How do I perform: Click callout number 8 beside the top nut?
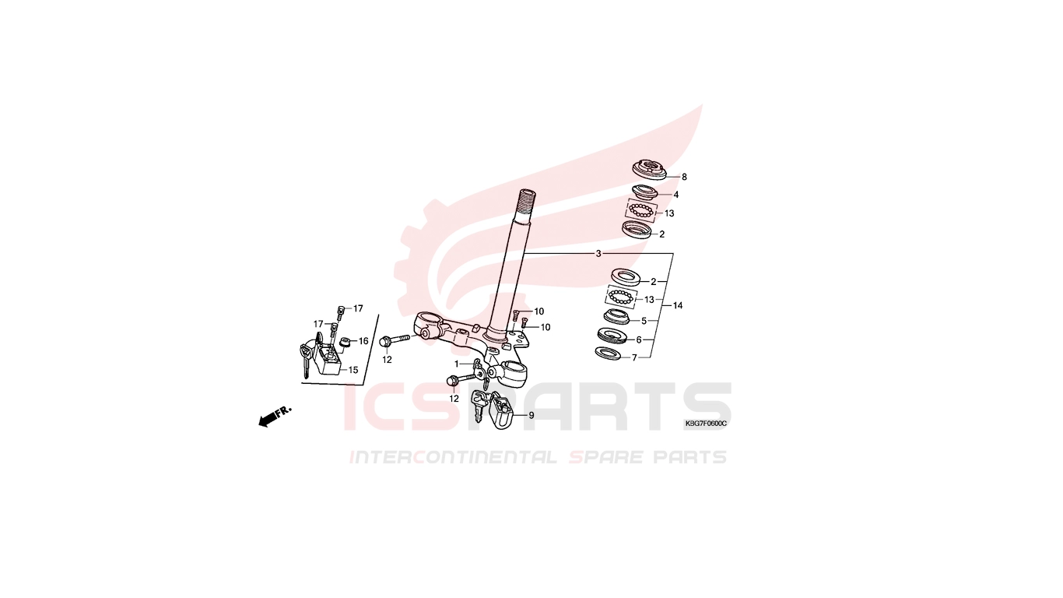pyautogui.click(x=684, y=178)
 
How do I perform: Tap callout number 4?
pyautogui.click(x=676, y=195)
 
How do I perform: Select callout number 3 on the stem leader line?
pyautogui.click(x=598, y=254)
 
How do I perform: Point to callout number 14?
pyautogui.click(x=678, y=305)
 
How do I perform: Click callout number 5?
pyautogui.click(x=644, y=321)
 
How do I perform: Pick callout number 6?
pyautogui.click(x=639, y=340)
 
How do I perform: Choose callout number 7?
pyautogui.click(x=634, y=357)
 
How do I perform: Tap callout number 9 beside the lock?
pyautogui.click(x=531, y=416)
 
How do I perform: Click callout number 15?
pyautogui.click(x=353, y=370)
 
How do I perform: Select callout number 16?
pyautogui.click(x=363, y=341)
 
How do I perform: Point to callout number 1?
pyautogui.click(x=457, y=364)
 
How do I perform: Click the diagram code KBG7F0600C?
pyautogui.click(x=706, y=424)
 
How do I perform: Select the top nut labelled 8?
pyautogui.click(x=649, y=171)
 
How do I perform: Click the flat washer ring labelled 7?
pyautogui.click(x=608, y=354)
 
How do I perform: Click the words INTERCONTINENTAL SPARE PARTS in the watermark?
pyautogui.click(x=539, y=457)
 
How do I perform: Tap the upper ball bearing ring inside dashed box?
pyautogui.click(x=641, y=210)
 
